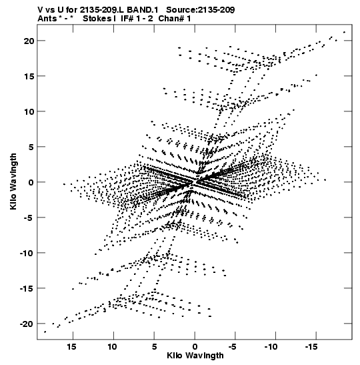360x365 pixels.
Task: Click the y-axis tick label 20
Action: [x=29, y=41]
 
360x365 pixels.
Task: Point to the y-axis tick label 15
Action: [x=29, y=76]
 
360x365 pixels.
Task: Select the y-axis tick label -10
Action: [x=27, y=253]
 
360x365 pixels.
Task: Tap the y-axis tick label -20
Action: [x=27, y=324]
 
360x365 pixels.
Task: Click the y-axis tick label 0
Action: [x=31, y=183]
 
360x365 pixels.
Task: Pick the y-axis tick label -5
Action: [x=29, y=218]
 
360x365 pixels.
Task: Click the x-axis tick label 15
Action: [x=71, y=347]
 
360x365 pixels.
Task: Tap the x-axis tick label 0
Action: [x=195, y=347]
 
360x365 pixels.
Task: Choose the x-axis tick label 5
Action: [x=154, y=347]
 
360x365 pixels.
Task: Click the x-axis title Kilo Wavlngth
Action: [x=195, y=356]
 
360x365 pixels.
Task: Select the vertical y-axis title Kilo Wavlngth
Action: [x=13, y=181]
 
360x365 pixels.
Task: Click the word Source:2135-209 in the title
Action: [x=201, y=10]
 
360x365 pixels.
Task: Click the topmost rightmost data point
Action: [x=344, y=32]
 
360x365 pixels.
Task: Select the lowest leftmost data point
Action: [x=45, y=332]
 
